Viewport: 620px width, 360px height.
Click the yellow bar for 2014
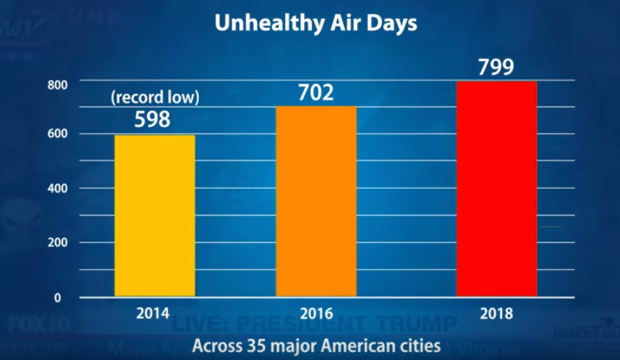[154, 215]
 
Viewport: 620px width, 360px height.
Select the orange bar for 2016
[316, 201]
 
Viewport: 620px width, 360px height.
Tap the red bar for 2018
[496, 189]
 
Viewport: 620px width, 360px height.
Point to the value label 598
[152, 120]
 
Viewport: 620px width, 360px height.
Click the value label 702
[316, 93]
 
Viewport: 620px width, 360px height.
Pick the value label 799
[496, 68]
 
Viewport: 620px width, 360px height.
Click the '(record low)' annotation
[155, 98]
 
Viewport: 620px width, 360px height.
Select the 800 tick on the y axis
[56, 85]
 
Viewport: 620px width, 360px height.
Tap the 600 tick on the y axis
[56, 134]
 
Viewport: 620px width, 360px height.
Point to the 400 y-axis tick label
[56, 189]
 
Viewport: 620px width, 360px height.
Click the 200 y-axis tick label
[56, 243]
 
